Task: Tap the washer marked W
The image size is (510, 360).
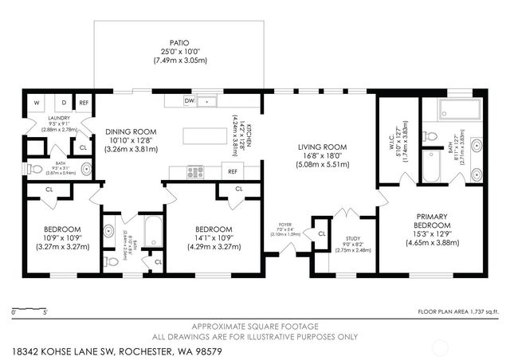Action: pos(37,103)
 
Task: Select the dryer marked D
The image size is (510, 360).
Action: pos(62,103)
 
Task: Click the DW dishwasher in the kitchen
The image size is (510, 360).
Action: pos(189,101)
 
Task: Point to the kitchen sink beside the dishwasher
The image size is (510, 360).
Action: pos(208,101)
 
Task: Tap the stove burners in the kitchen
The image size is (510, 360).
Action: pos(195,171)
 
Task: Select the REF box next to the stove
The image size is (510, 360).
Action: pos(233,171)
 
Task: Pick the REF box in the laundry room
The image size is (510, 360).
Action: pos(84,103)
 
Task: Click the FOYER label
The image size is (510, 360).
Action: pos(284,225)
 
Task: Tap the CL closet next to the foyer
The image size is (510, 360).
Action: pos(322,233)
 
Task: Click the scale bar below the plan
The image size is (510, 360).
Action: pos(29,307)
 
